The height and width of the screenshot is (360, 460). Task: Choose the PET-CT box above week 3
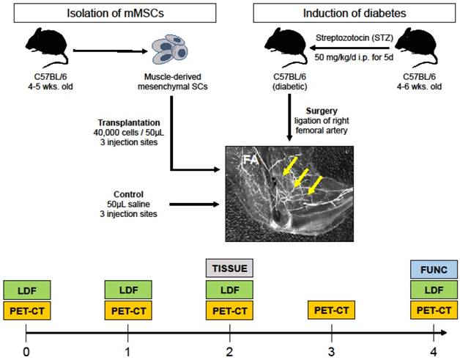[333, 310]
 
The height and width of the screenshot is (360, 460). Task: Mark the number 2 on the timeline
[231, 350]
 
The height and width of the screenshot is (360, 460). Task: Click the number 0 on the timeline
[26, 350]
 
